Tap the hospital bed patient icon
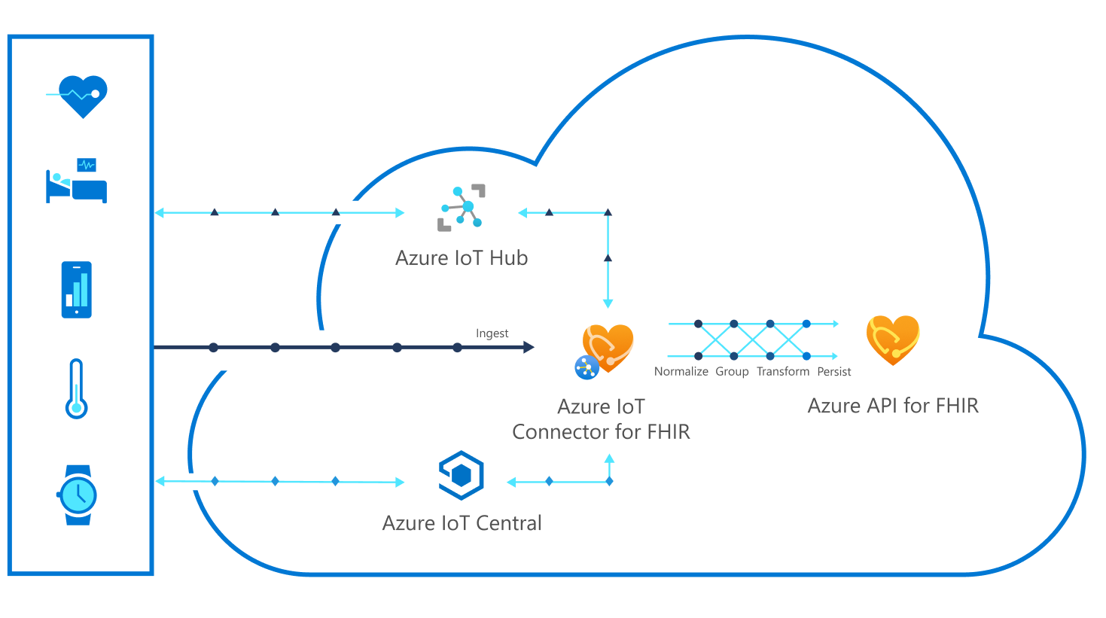(76, 181)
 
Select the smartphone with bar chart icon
(76, 290)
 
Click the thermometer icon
(76, 388)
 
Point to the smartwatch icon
(77, 495)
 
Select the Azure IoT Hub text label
(462, 258)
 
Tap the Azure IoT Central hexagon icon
(461, 476)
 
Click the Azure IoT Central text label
(462, 523)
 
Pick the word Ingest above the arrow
(492, 333)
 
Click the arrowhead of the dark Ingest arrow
(529, 347)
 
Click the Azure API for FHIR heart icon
(893, 339)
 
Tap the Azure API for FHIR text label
(893, 406)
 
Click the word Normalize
(681, 372)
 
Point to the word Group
(732, 372)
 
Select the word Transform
(783, 372)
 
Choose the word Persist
(834, 372)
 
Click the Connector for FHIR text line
(601, 432)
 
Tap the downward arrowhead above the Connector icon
(608, 303)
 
